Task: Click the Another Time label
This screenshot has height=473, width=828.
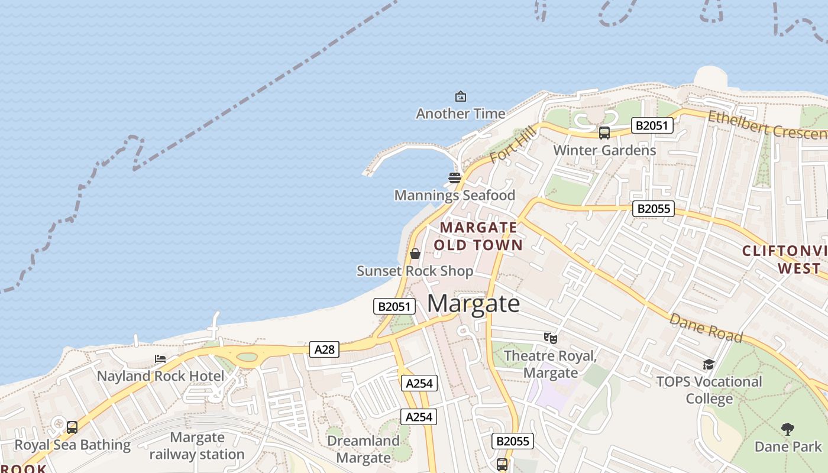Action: click(461, 114)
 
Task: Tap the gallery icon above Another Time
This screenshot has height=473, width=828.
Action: click(460, 96)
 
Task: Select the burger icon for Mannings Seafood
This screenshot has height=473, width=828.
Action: click(454, 177)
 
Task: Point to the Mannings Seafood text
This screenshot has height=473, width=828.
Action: click(454, 195)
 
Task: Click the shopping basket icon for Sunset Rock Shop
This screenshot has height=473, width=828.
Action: click(415, 254)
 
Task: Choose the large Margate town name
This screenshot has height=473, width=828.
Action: click(474, 304)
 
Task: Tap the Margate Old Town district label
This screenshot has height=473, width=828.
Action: click(478, 236)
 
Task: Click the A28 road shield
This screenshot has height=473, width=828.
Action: click(324, 349)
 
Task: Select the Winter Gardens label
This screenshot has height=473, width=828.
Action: click(604, 150)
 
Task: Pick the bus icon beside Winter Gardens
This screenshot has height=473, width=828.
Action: click(604, 133)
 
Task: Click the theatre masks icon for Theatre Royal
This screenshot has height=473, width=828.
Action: click(551, 338)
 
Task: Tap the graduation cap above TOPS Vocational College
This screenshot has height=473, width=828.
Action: click(709, 364)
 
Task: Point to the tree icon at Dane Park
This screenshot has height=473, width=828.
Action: click(787, 429)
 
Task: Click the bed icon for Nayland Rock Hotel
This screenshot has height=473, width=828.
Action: click(160, 359)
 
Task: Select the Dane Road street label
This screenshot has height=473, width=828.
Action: click(706, 328)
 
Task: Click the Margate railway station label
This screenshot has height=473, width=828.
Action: click(197, 446)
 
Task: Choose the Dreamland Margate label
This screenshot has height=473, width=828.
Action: click(363, 449)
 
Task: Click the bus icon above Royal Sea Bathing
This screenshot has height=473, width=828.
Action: click(72, 427)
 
